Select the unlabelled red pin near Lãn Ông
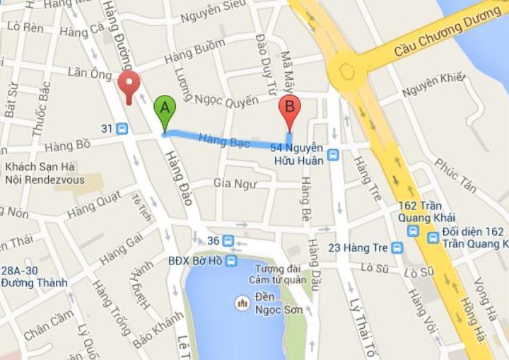click(x=128, y=86)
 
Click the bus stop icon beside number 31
click(x=123, y=129)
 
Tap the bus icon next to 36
click(x=228, y=241)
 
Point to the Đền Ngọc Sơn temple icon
click(x=242, y=304)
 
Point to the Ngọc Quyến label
click(x=226, y=100)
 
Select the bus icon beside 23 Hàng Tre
click(x=397, y=248)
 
